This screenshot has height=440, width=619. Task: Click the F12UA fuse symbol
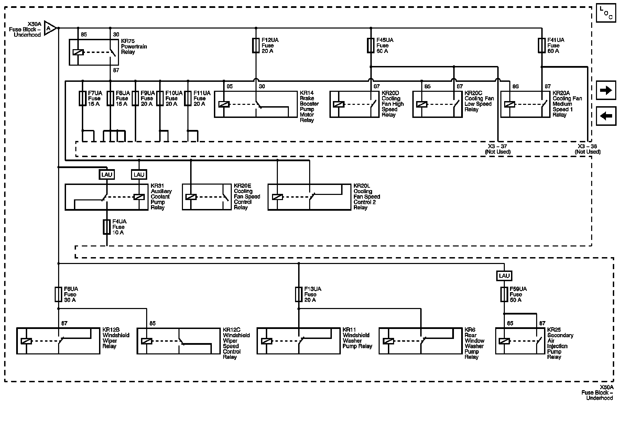coord(256,45)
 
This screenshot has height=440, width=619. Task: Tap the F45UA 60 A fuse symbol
coord(370,45)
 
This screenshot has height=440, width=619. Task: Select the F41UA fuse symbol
coord(542,45)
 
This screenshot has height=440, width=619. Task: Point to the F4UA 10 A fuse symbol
coord(107,227)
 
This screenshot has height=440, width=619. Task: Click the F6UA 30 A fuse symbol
coord(58,295)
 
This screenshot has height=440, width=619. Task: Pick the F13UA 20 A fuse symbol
coord(298,295)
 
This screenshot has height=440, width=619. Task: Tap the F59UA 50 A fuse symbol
coord(504,295)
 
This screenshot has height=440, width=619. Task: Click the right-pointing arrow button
coord(606,90)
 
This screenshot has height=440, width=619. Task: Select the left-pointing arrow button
coord(606,116)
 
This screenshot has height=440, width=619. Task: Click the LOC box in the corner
coord(606,13)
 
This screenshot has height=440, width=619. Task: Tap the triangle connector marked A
coord(50,28)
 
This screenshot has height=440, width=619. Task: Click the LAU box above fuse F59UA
coord(504,276)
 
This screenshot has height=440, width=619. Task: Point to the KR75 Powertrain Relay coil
coord(78,53)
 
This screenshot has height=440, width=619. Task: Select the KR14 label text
coord(307,93)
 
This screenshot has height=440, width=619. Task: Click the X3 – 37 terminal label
coord(498,146)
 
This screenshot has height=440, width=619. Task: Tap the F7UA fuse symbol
coord(83,98)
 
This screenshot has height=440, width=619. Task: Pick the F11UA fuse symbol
coord(188,98)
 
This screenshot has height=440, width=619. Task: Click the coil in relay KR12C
coord(147,341)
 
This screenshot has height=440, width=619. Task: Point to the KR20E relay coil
coord(191,197)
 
